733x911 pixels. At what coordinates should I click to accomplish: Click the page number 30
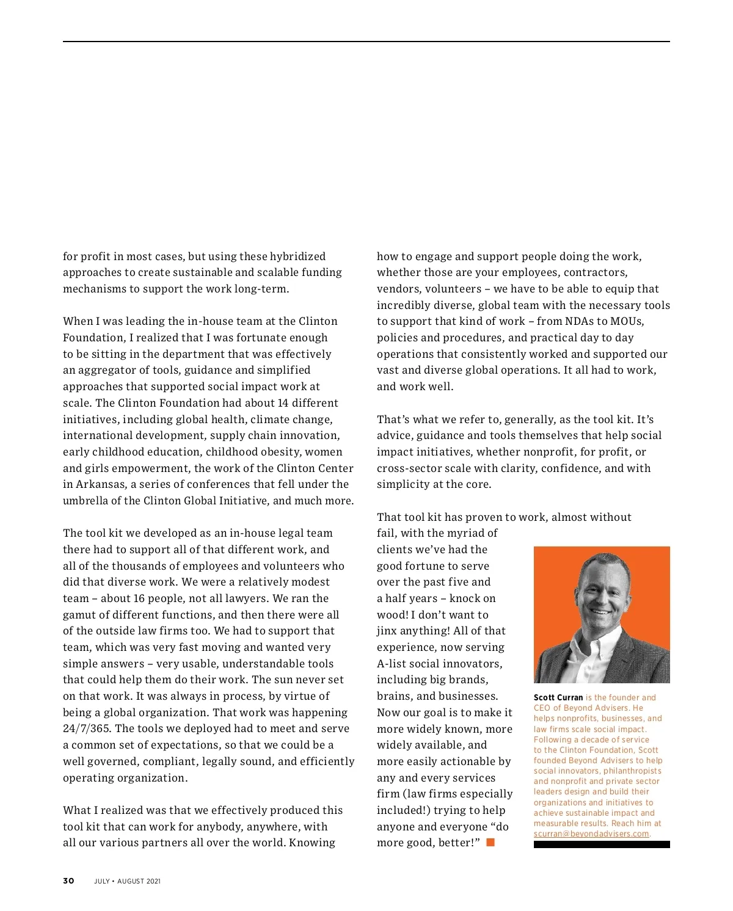pos(68,880)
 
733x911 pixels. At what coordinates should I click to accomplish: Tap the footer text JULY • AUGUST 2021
pos(127,881)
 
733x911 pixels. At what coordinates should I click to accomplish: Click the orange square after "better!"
pos(490,843)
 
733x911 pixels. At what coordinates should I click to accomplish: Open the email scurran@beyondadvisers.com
pos(591,834)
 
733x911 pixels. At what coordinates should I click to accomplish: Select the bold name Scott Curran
pos(558,697)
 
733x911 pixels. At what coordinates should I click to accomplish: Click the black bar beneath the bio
pos(602,844)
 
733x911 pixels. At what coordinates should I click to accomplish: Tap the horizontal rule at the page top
pos(366,42)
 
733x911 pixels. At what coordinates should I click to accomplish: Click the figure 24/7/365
pos(87,728)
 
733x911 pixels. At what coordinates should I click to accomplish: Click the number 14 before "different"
pos(283,403)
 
